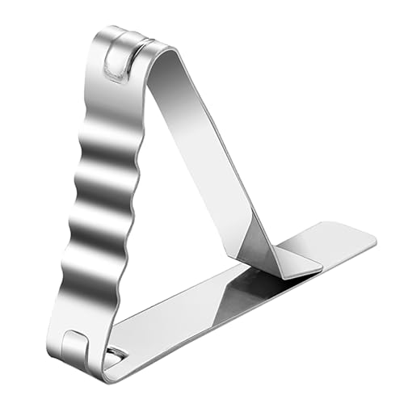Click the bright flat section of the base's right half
coord(331,246)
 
